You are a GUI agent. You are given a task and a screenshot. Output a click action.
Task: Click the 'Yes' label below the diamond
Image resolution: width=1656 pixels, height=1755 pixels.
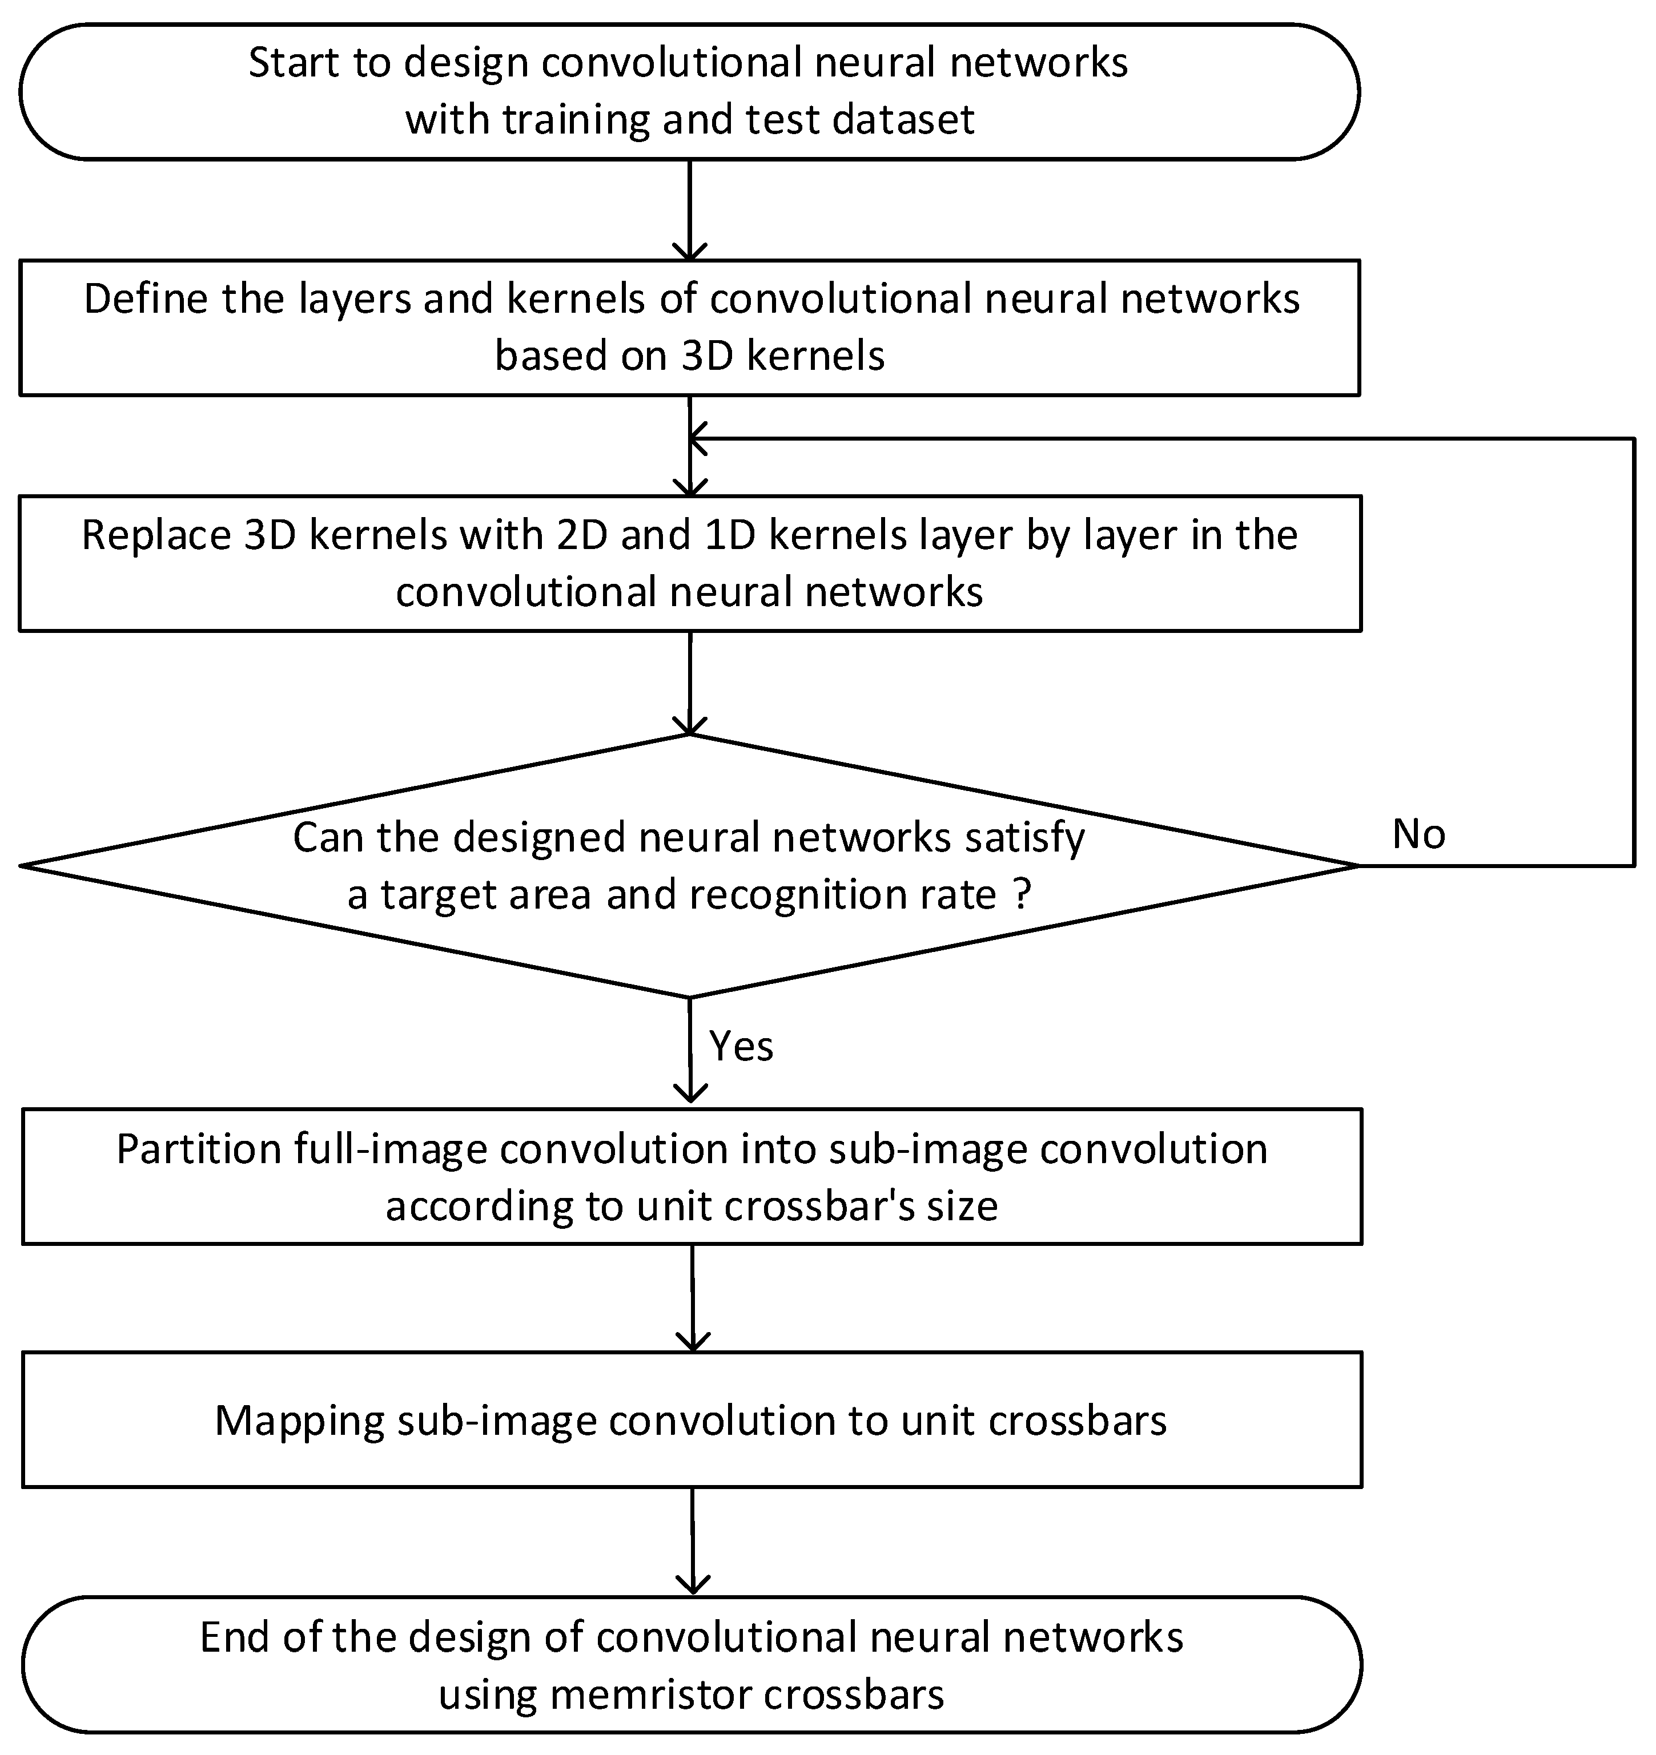point(741,1047)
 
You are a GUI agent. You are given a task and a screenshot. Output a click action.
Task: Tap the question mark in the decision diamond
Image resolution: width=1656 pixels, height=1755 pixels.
point(1022,895)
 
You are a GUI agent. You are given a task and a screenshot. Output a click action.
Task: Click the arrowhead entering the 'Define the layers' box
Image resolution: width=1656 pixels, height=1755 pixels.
point(690,252)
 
